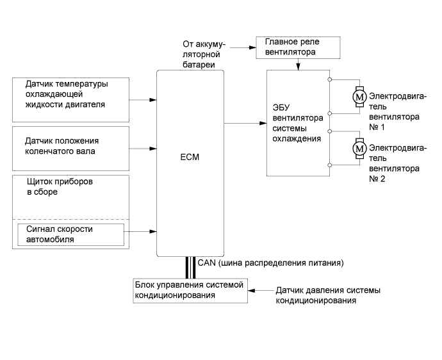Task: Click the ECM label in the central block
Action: [x=190, y=155]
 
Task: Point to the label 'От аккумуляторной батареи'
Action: [x=204, y=54]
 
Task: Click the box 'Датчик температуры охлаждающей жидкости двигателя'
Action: [x=71, y=99]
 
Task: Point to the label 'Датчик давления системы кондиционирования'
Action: [x=327, y=295]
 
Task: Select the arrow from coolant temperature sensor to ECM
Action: [x=143, y=99]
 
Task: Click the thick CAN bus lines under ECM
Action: [x=190, y=266]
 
